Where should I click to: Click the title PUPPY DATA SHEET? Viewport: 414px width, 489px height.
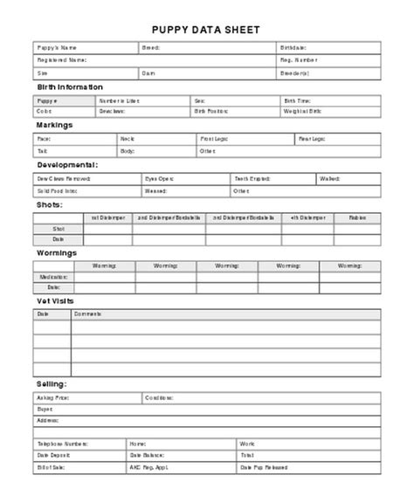206,29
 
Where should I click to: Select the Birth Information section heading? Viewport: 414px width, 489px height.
70,87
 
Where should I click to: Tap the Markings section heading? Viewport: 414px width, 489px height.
55,125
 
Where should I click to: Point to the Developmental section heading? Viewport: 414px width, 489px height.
67,163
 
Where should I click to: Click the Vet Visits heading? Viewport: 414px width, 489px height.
55,300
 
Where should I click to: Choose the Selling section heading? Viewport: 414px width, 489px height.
52,383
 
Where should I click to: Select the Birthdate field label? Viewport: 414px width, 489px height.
293,47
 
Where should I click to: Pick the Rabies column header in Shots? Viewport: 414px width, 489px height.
357,217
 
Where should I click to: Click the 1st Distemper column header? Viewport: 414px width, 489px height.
108,217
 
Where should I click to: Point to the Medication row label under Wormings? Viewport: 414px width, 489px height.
54,276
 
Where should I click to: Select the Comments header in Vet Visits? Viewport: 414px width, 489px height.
87,313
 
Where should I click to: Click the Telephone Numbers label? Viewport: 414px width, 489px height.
61,444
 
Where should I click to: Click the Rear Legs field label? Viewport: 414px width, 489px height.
313,138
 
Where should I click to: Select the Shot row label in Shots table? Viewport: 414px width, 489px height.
59,228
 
